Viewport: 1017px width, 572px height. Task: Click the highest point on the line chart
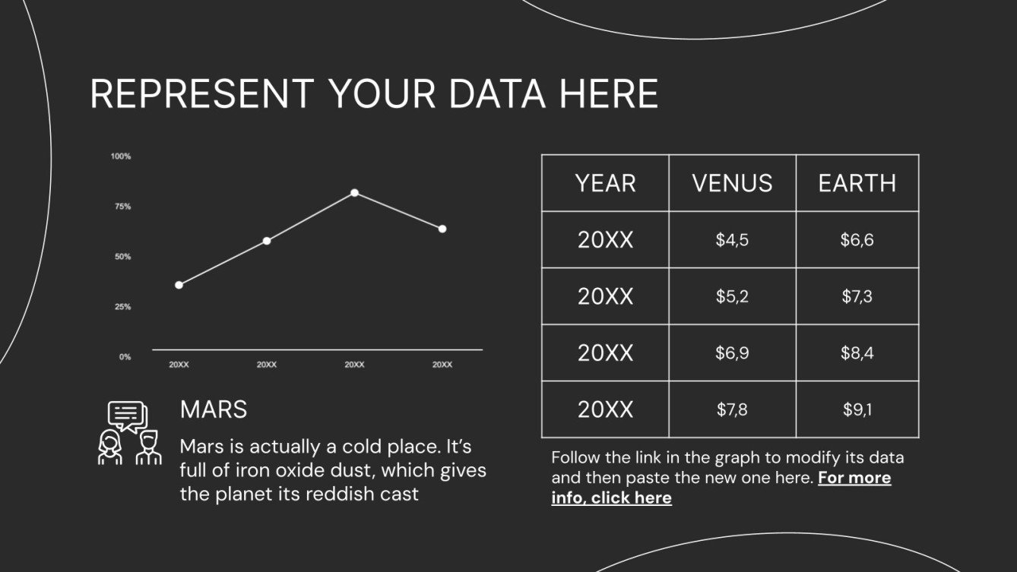click(354, 193)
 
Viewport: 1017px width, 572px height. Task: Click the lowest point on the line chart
click(179, 285)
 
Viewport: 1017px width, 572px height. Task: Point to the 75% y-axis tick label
click(122, 207)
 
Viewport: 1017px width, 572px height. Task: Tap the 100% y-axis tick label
click(121, 156)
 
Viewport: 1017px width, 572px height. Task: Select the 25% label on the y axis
click(122, 307)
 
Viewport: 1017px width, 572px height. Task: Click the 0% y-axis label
click(125, 357)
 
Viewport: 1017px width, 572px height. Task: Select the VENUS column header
click(732, 183)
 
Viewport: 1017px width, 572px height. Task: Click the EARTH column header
click(857, 183)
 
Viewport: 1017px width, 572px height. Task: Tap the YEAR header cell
click(605, 183)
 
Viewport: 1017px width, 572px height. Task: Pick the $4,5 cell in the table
click(732, 240)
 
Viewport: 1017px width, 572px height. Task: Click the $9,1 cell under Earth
click(857, 410)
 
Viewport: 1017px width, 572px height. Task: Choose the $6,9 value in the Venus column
click(732, 352)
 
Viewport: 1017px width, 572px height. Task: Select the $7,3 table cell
click(857, 296)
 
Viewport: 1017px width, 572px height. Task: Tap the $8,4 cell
click(857, 352)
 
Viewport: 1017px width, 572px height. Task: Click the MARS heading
click(214, 410)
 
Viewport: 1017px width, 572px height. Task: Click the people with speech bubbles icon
click(130, 433)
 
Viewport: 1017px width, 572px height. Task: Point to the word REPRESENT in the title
click(201, 94)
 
